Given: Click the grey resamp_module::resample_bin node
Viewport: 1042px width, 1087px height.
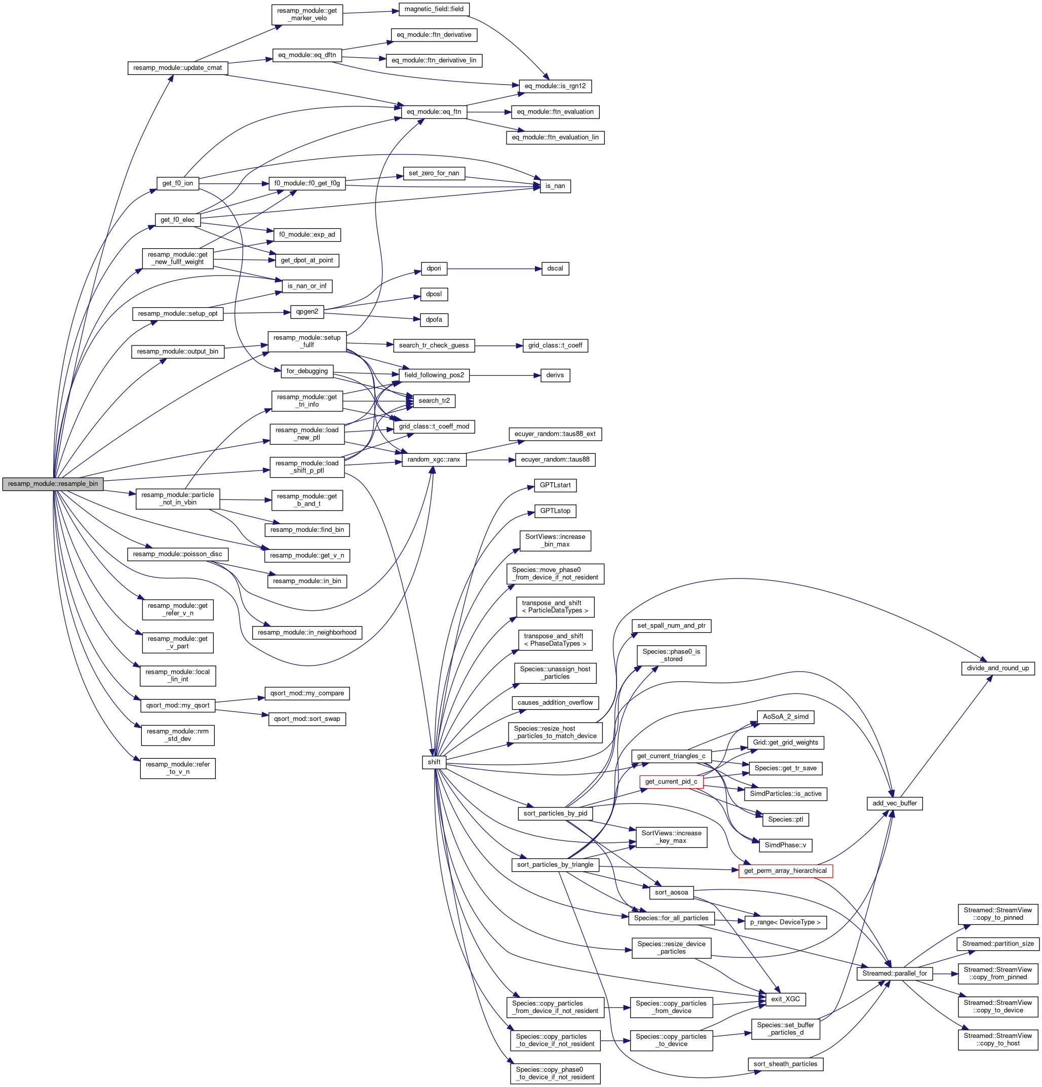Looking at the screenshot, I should click(53, 484).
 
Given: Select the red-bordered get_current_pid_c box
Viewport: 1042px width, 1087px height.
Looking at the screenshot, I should click(671, 782).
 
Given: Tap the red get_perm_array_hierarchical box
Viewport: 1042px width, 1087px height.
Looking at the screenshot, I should click(785, 871).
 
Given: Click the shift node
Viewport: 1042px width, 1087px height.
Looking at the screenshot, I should click(434, 762).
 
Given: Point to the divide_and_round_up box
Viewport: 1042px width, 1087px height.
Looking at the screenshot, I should click(997, 668).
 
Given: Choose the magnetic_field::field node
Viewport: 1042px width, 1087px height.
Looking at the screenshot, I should click(434, 9).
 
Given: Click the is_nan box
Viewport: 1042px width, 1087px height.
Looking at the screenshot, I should click(555, 186).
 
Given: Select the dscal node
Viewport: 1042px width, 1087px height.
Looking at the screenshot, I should click(555, 268).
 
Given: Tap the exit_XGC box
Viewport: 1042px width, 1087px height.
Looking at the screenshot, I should click(785, 999).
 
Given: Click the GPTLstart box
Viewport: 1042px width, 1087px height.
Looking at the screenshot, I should click(555, 485).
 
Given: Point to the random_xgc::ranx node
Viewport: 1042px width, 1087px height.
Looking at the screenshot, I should click(434, 459).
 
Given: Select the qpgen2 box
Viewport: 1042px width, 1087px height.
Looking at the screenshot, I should click(306, 312).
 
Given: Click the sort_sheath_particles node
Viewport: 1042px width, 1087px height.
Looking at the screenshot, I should click(785, 1064).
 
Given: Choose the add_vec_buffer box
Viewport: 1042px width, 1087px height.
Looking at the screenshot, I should click(894, 803).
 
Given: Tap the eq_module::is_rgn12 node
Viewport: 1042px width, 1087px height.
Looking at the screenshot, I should click(555, 86).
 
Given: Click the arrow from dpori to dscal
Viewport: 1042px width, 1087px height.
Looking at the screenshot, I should click(493, 268).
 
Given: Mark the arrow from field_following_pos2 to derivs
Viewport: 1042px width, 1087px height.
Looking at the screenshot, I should click(505, 375).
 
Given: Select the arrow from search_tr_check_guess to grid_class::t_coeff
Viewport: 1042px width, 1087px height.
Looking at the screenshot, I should click(498, 345).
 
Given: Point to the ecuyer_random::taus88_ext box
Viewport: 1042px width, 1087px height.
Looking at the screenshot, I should click(555, 434).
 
